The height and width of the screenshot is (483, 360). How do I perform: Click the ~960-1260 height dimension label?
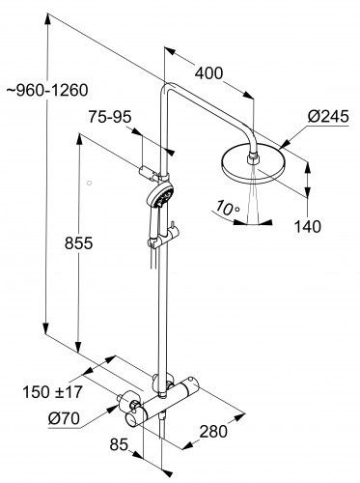[x=47, y=91]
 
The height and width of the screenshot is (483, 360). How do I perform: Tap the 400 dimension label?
[x=208, y=73]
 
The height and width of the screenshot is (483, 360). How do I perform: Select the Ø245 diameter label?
[x=328, y=116]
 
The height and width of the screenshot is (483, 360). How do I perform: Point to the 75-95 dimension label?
[x=110, y=117]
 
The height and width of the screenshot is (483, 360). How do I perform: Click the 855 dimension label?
[x=78, y=242]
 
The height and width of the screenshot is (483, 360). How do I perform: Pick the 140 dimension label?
[x=308, y=226]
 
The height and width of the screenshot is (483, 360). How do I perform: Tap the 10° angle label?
[x=228, y=208]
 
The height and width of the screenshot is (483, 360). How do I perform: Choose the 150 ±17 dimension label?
[x=52, y=392]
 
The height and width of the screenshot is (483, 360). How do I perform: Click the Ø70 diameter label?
[x=64, y=418]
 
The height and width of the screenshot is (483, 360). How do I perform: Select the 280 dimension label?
[x=213, y=431]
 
